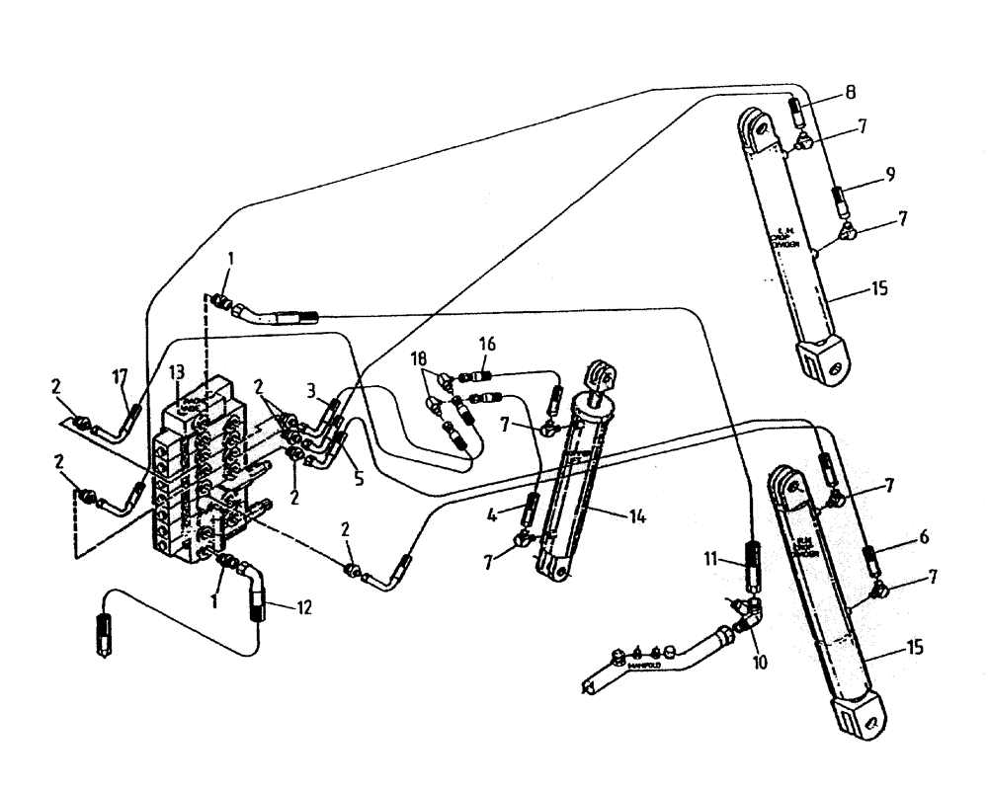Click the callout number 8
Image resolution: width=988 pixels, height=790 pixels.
click(850, 97)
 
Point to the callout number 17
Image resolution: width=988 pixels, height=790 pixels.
click(120, 376)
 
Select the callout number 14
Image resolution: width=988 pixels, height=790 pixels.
click(637, 515)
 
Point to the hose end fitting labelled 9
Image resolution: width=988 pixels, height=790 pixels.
click(838, 201)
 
